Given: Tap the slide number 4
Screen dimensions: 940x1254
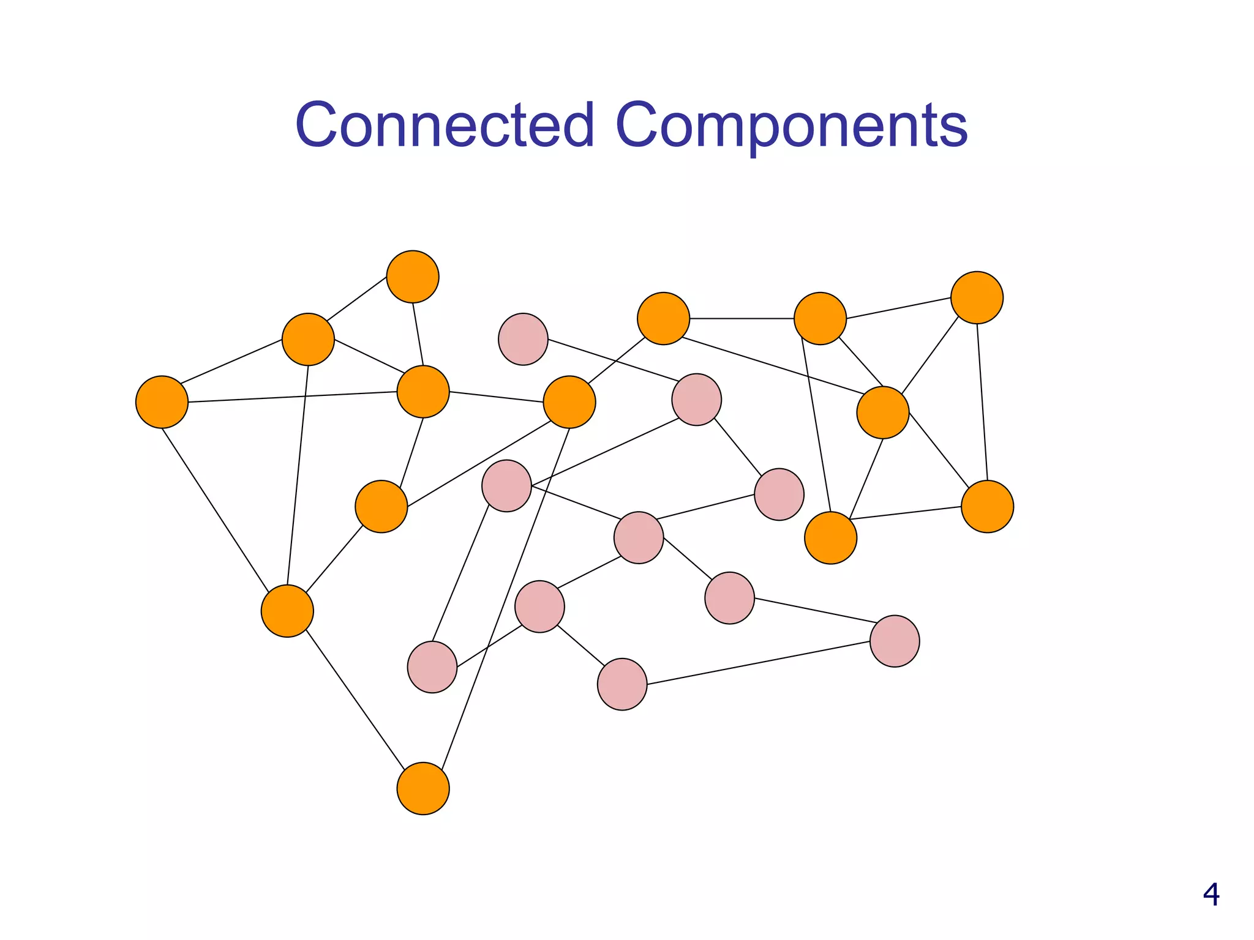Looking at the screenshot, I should (1211, 895).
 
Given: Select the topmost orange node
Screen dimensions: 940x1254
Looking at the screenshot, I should (413, 277).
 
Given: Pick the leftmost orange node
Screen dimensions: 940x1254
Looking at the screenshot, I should (162, 402).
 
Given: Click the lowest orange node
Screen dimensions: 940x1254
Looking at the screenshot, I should (423, 788).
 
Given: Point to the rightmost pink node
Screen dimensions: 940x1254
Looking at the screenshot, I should (895, 641).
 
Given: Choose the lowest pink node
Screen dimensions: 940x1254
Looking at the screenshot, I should (622, 684).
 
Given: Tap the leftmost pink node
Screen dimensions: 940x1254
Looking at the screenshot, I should (432, 667).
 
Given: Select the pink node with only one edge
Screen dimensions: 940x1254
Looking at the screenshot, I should (523, 339).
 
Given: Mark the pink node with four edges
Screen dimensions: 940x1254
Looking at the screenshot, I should (639, 538).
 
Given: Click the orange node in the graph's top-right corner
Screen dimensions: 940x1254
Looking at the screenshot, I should (977, 297).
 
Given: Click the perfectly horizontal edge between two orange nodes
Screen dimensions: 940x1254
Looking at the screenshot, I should (742, 319).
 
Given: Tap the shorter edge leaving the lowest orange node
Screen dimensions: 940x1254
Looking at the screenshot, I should (355, 699).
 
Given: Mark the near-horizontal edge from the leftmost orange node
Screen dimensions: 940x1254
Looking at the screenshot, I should (292, 397).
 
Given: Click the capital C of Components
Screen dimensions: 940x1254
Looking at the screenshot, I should (639, 125).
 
